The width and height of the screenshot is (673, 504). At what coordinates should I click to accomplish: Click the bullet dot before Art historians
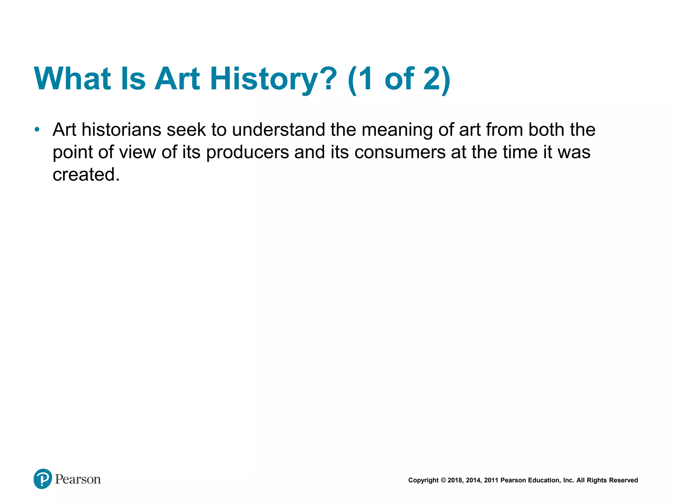coord(37,130)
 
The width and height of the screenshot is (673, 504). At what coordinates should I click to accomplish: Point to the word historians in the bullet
coord(121,130)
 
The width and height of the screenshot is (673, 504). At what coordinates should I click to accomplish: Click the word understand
coord(279,130)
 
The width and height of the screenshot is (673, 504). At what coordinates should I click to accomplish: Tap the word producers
coord(247,152)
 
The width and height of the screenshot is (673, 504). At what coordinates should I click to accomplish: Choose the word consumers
coord(400,152)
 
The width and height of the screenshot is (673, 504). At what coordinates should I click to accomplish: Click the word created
coord(86,174)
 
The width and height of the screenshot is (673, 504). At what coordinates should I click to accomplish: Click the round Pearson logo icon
coord(43,479)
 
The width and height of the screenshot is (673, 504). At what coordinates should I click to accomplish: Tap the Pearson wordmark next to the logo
coord(78,479)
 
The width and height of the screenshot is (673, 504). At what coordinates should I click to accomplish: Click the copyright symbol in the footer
coord(443,480)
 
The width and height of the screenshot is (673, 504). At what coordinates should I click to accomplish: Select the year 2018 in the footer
coord(455,480)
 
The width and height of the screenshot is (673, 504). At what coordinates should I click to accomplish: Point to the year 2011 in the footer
coord(491,480)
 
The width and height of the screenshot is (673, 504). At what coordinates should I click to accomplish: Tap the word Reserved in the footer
coord(623,480)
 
